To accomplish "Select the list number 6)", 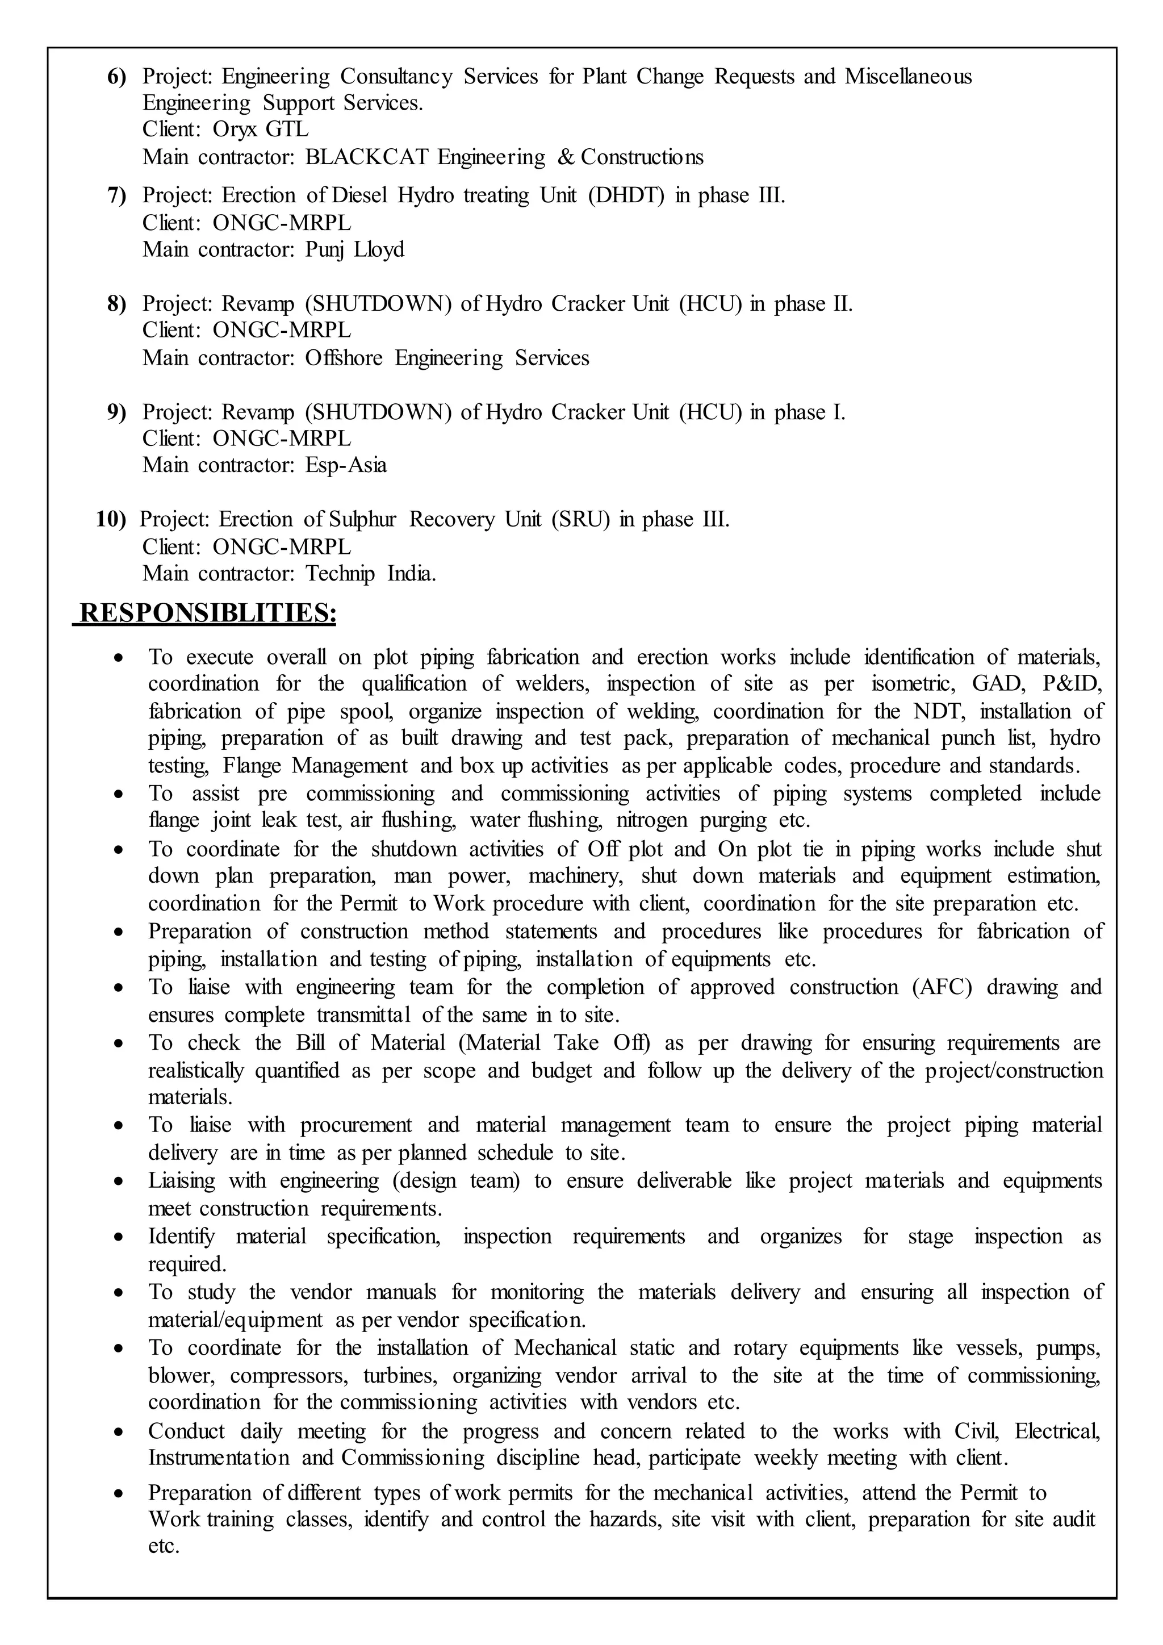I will (x=117, y=77).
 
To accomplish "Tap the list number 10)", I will (x=111, y=519).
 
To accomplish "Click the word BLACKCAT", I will (x=367, y=157).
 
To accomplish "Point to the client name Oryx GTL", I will (x=261, y=130).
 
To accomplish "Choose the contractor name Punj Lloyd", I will (x=354, y=249).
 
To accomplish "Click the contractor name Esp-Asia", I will (x=346, y=465).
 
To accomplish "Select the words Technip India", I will (x=370, y=574).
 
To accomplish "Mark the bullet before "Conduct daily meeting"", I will (x=120, y=1432).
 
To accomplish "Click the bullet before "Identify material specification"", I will (x=120, y=1237).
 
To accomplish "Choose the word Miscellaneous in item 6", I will (x=907, y=76).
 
